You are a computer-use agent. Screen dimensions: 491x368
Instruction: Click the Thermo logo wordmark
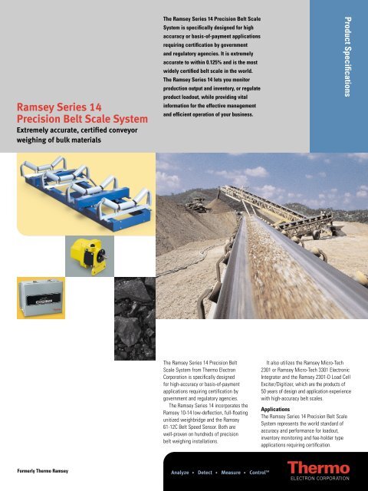tap(319, 467)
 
